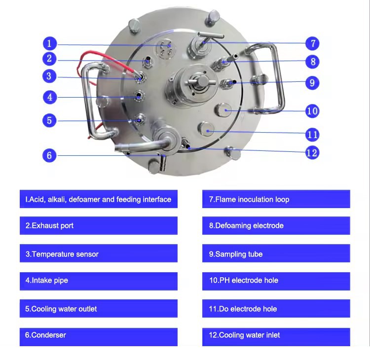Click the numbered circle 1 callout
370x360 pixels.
[x=49, y=43]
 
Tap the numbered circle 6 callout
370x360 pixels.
[x=49, y=155]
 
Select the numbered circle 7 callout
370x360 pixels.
[x=312, y=43]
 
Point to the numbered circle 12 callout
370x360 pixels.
[x=312, y=153]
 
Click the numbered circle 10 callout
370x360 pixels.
[x=312, y=110]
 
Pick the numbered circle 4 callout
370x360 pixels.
[x=49, y=97]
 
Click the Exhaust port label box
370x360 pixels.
[x=98, y=226]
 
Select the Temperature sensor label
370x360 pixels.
[x=98, y=254]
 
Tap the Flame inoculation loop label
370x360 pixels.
[x=276, y=200]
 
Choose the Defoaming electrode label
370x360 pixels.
[x=276, y=226]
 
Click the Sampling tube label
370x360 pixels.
[x=276, y=254]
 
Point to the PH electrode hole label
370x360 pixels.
[x=276, y=281]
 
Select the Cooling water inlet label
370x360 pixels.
[x=276, y=335]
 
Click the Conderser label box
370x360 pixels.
[x=98, y=335]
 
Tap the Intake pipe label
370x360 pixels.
[x=98, y=281]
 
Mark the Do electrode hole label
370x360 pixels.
[x=276, y=309]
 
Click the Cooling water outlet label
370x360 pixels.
[x=98, y=309]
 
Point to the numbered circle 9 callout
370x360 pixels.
[x=312, y=82]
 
